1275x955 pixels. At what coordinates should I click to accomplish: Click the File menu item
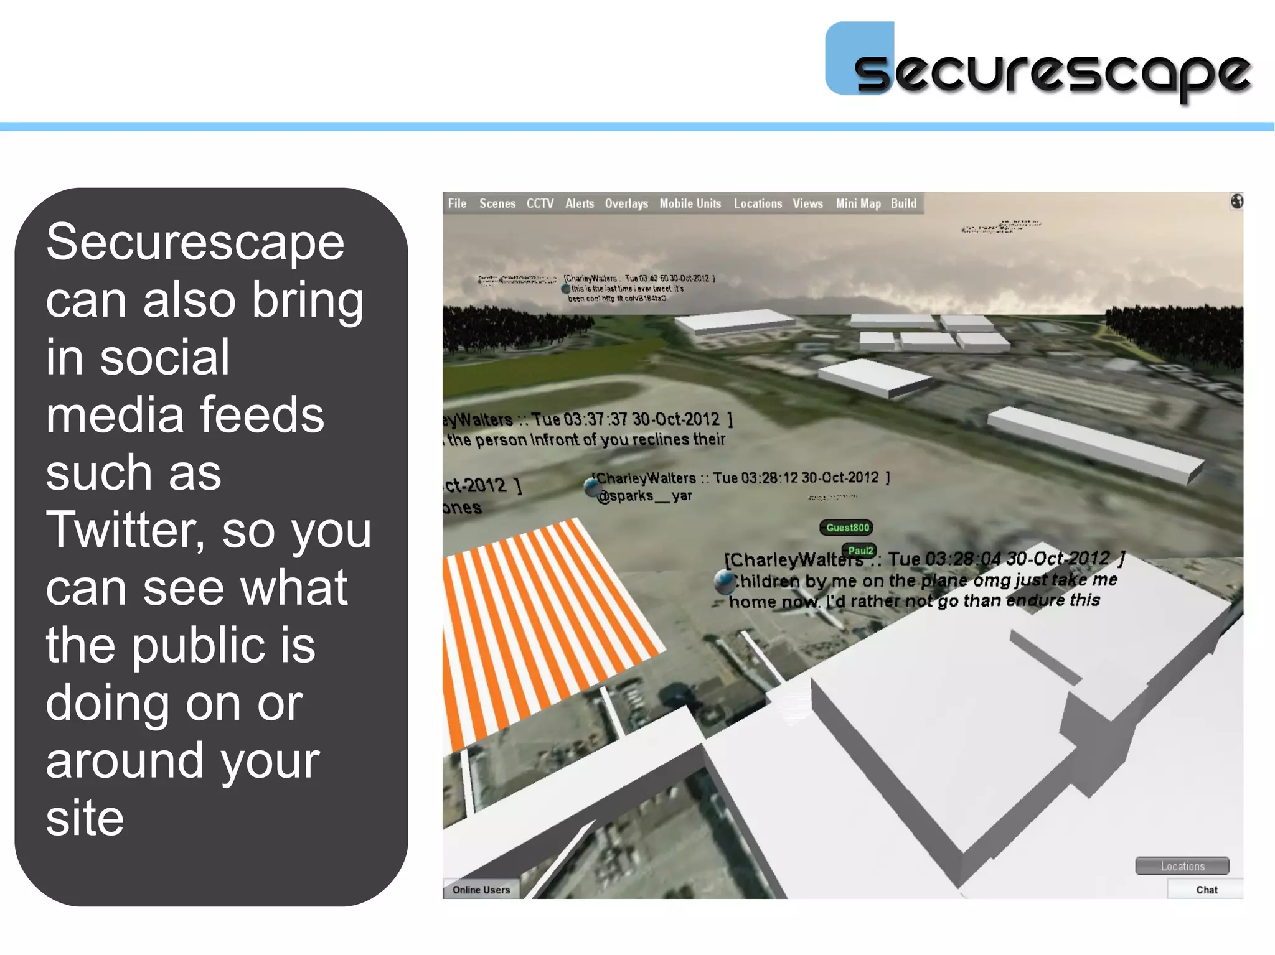tap(457, 203)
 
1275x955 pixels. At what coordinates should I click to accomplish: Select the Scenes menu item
tap(497, 203)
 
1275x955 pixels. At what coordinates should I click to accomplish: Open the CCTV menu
tap(540, 203)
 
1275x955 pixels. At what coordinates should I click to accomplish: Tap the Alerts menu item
tap(579, 203)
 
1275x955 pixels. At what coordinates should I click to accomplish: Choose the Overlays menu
tap(626, 203)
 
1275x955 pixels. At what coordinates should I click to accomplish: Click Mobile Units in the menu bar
tap(690, 203)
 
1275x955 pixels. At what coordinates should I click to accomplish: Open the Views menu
tap(807, 203)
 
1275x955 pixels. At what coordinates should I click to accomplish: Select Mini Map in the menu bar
tap(858, 203)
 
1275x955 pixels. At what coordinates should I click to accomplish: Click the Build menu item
tap(903, 203)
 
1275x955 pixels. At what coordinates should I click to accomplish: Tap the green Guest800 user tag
tap(847, 528)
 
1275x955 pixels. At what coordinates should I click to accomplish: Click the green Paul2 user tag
tap(860, 551)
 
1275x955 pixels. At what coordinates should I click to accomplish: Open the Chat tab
tap(1206, 890)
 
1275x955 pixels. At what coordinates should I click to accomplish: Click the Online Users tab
tap(481, 890)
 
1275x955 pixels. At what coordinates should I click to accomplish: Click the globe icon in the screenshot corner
tap(1236, 202)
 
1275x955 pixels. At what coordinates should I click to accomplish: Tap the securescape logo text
tap(1052, 73)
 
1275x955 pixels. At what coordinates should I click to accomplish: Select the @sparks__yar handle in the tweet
tap(644, 496)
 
